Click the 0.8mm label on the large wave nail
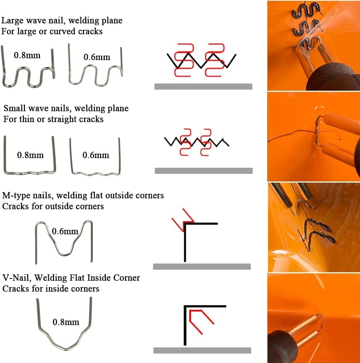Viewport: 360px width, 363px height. point(27,55)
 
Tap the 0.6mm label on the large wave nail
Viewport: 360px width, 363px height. point(97,57)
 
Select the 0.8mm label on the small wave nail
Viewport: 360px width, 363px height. point(30,155)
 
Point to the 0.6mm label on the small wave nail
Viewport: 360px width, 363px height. point(96,155)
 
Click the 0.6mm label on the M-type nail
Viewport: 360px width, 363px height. point(65,231)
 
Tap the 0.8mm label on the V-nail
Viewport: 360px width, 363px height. point(66,322)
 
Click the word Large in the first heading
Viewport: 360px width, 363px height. point(12,21)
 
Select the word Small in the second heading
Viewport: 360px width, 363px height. point(14,108)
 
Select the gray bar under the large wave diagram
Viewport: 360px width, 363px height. point(203,86)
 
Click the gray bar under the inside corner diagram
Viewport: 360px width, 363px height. point(202,350)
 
